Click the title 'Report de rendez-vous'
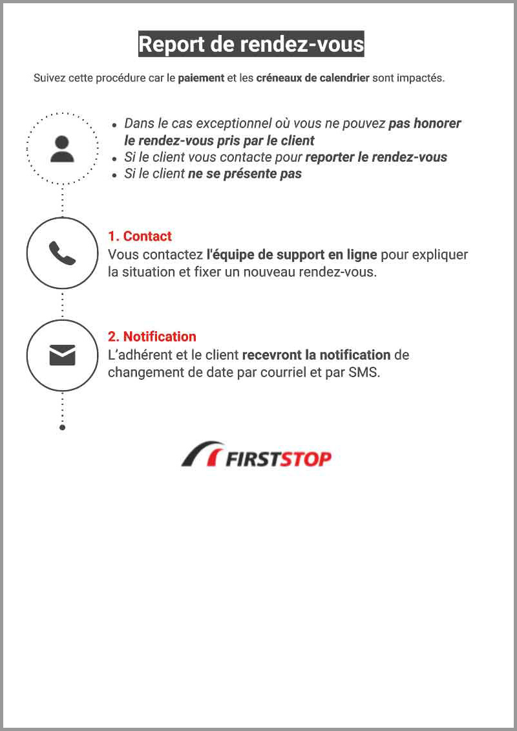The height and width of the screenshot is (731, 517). click(x=251, y=44)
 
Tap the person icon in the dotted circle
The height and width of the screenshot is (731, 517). click(x=63, y=149)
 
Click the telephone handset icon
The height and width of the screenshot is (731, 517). click(x=63, y=253)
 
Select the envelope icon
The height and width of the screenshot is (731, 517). click(x=63, y=355)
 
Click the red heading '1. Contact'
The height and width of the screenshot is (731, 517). click(x=140, y=236)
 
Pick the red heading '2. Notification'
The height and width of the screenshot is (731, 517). click(x=152, y=336)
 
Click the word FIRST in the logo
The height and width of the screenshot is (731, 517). click(x=252, y=459)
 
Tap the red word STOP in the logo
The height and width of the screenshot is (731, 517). click(x=305, y=459)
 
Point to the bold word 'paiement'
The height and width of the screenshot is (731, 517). click(x=201, y=78)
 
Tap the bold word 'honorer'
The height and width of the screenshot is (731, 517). click(x=438, y=124)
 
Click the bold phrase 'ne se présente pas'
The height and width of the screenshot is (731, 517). click(x=244, y=174)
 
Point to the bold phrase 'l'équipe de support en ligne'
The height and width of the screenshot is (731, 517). click(x=291, y=255)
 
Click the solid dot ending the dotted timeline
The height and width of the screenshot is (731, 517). click(x=63, y=427)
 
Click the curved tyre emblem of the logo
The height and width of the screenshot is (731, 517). click(x=201, y=453)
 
